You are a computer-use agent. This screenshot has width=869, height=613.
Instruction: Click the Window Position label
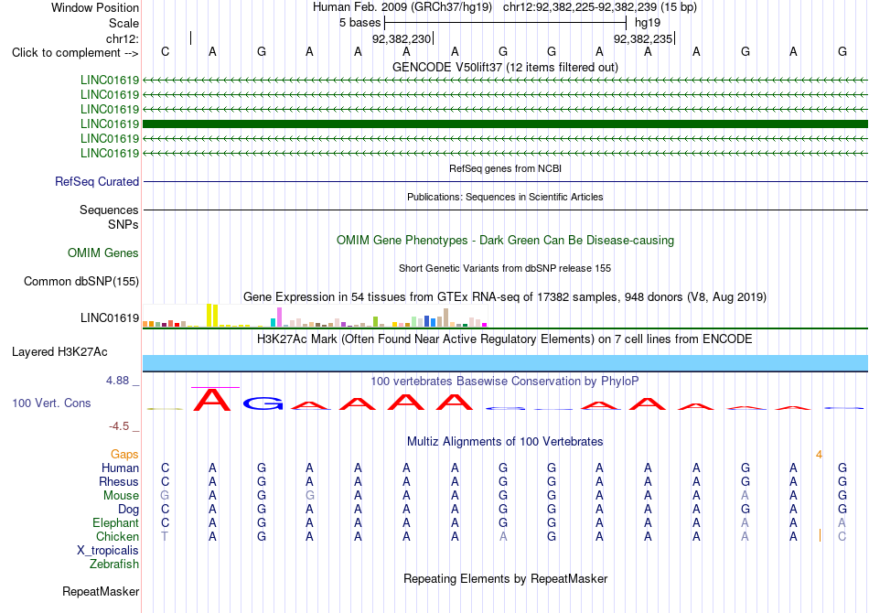[95, 7]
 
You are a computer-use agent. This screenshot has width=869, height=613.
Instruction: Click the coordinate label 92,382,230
[402, 38]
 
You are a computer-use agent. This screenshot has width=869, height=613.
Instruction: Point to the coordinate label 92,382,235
[643, 38]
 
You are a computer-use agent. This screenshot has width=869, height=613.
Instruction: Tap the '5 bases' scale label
[360, 23]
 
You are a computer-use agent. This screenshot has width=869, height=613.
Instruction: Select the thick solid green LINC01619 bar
[505, 124]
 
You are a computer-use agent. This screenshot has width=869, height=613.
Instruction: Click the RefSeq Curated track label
[97, 181]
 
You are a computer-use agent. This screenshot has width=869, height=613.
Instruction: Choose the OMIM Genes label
[103, 253]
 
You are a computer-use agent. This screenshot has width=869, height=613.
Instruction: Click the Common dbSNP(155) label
[81, 282]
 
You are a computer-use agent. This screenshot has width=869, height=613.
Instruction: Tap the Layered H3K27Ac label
[59, 352]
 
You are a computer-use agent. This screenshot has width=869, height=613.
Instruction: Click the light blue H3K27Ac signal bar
[505, 363]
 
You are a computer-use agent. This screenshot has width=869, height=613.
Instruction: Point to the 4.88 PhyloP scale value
[117, 381]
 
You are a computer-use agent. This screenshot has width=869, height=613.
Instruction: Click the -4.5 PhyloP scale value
[119, 426]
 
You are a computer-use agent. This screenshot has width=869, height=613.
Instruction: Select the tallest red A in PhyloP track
[211, 400]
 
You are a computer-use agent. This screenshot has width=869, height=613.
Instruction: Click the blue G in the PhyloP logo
[263, 403]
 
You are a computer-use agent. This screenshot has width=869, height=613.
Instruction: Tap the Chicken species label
[117, 536]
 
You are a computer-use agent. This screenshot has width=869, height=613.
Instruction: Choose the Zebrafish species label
[114, 565]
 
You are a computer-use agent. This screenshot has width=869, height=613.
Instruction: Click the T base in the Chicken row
[165, 536]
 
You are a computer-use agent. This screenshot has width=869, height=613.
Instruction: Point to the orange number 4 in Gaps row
[819, 455]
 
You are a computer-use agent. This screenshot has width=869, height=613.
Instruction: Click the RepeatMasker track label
[101, 591]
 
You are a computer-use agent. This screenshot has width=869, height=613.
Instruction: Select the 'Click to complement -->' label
[75, 53]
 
